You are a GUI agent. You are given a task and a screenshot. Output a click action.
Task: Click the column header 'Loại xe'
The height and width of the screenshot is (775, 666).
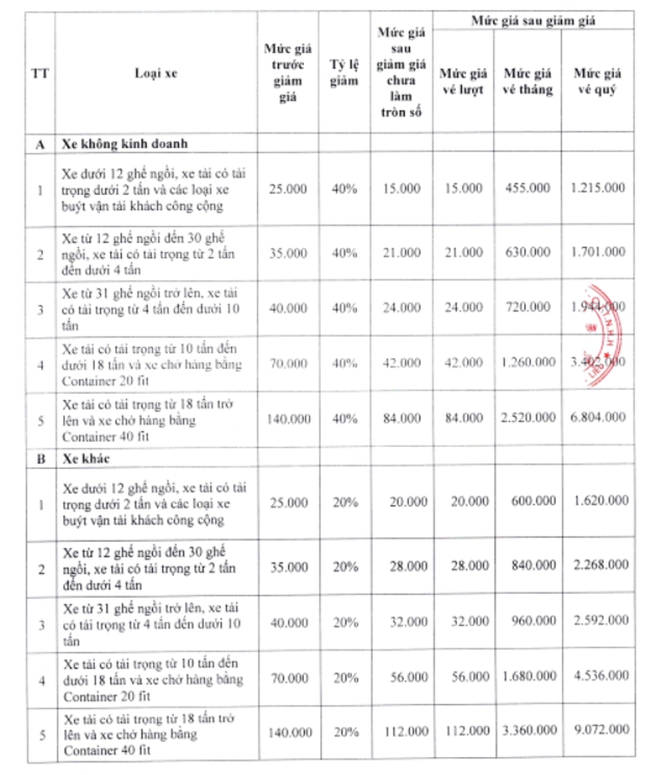pyautogui.click(x=150, y=73)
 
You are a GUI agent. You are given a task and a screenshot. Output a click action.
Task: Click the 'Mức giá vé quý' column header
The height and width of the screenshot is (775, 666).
pyautogui.click(x=599, y=82)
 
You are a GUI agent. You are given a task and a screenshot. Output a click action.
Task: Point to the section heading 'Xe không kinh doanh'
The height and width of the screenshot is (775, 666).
pyautogui.click(x=124, y=144)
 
